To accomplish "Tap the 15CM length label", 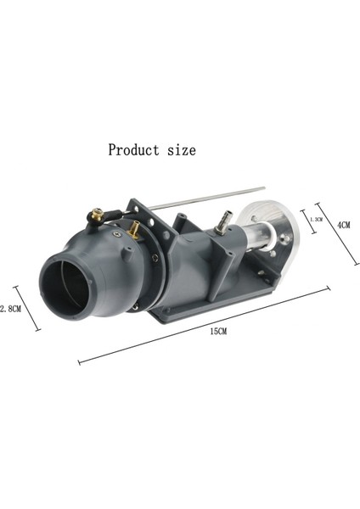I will point(217,331).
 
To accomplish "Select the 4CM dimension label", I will point(344,225).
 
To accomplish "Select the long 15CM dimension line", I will point(204,325).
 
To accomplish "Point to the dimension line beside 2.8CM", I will point(28,307).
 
